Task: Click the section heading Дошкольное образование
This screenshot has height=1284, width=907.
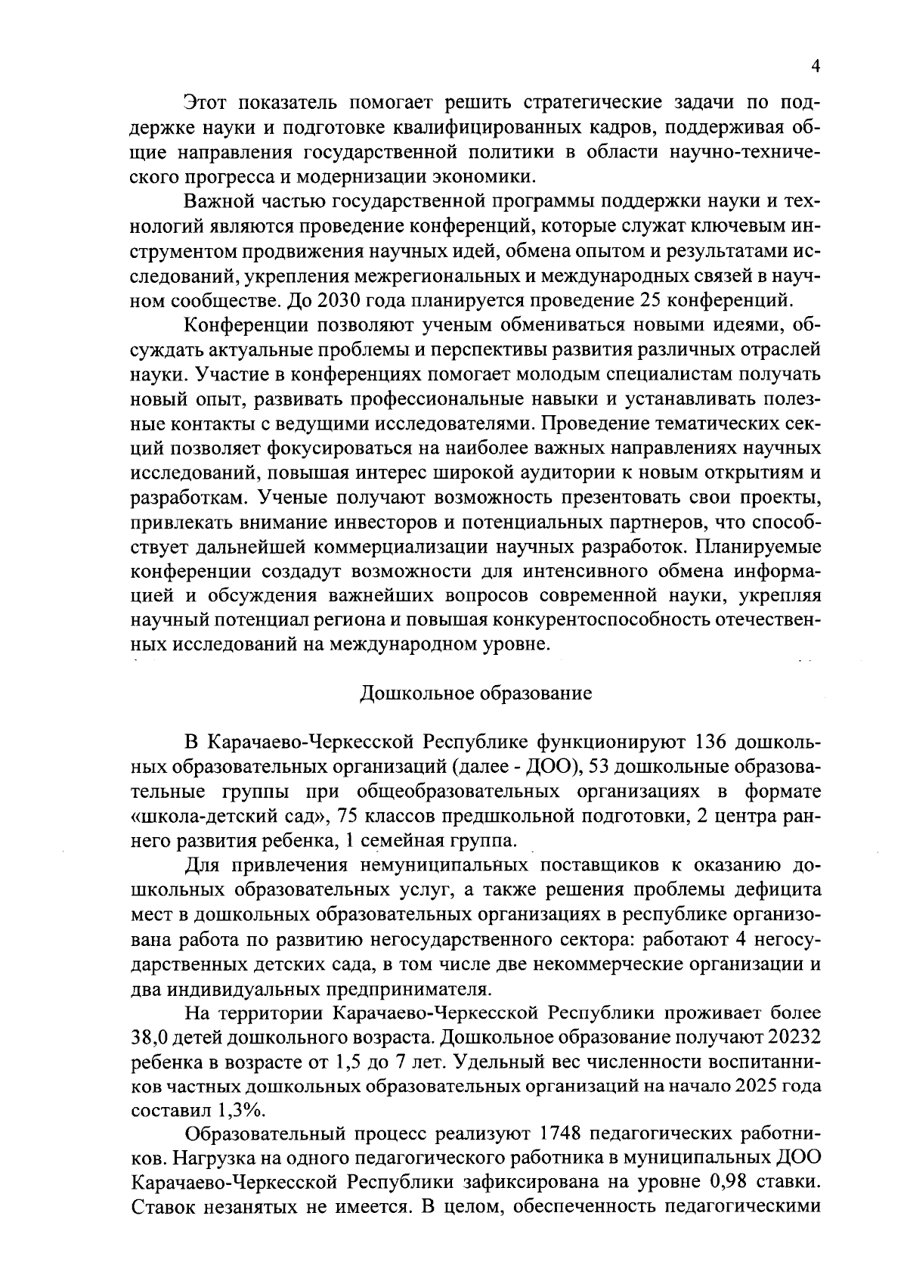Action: [x=475, y=693]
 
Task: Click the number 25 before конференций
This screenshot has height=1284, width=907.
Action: [x=652, y=300]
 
